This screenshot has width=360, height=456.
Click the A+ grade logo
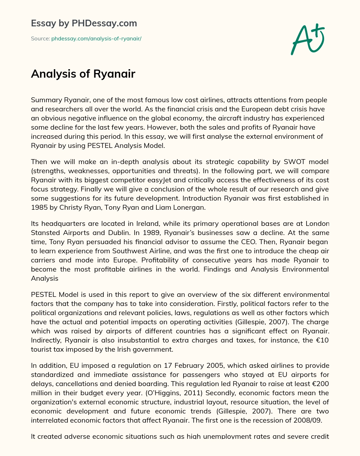point(308,39)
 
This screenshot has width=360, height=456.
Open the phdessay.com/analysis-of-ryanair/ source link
point(96,39)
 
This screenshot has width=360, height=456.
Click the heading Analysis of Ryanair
point(83,74)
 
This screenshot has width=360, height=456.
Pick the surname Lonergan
point(190,207)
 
